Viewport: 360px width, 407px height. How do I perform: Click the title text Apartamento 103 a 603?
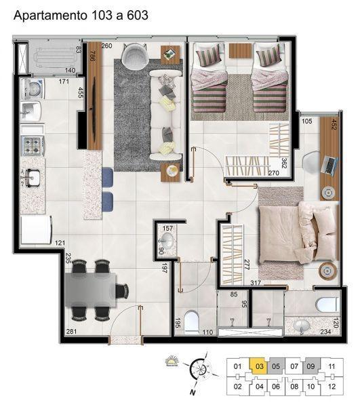tap(81, 14)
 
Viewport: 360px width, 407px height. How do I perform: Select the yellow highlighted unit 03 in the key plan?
tap(260, 367)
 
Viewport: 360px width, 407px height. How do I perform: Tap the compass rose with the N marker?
tap(199, 370)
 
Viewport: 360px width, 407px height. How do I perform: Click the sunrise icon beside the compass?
tap(172, 364)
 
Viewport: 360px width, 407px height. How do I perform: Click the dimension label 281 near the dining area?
tap(71, 332)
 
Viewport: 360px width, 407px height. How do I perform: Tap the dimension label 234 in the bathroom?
tap(325, 332)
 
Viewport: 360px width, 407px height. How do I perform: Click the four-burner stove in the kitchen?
tap(33, 144)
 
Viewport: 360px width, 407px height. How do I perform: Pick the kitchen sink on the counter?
tap(32, 178)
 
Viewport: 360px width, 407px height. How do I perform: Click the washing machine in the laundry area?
tap(33, 89)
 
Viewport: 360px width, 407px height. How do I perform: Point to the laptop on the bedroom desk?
tap(329, 163)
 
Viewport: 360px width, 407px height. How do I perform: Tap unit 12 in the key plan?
tap(332, 387)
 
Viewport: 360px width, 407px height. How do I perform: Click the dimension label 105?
tap(306, 121)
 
